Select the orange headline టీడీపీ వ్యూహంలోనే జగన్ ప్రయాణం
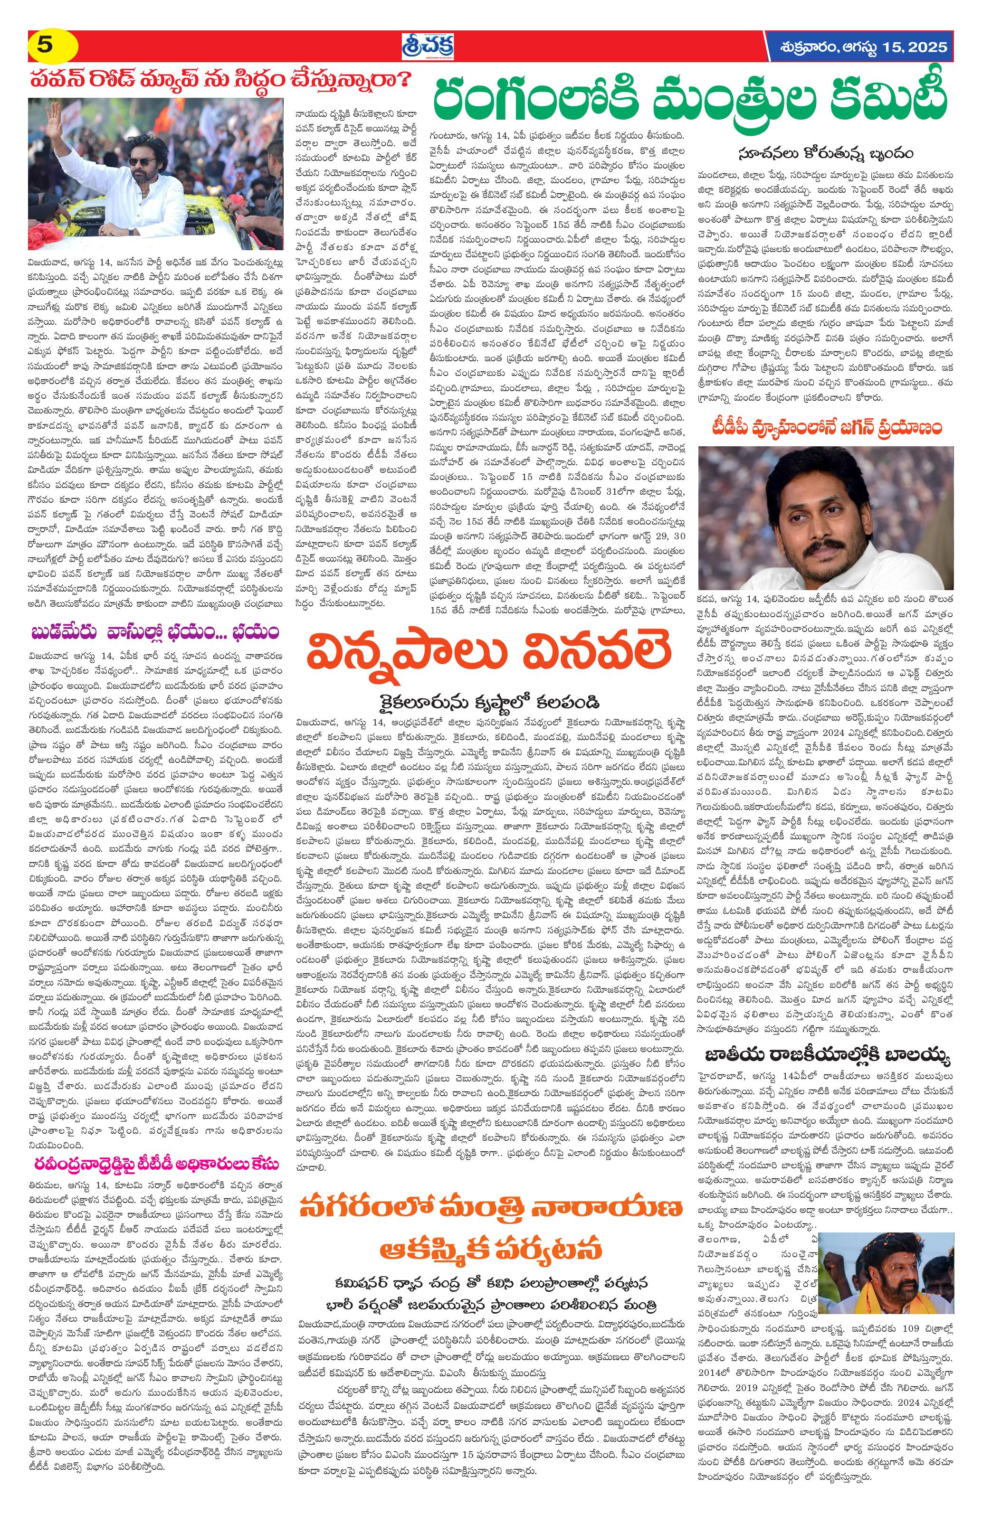pyautogui.click(x=826, y=429)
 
